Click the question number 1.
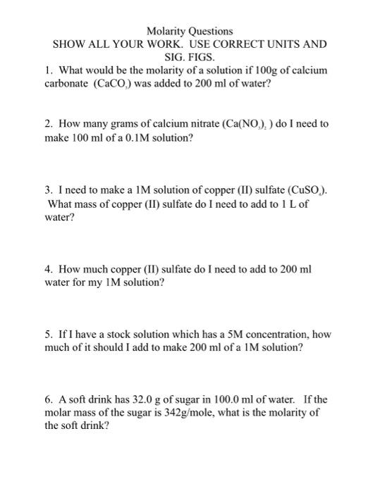(x=47, y=70)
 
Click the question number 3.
(x=47, y=190)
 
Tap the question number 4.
(x=47, y=269)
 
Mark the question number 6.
(x=47, y=399)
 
